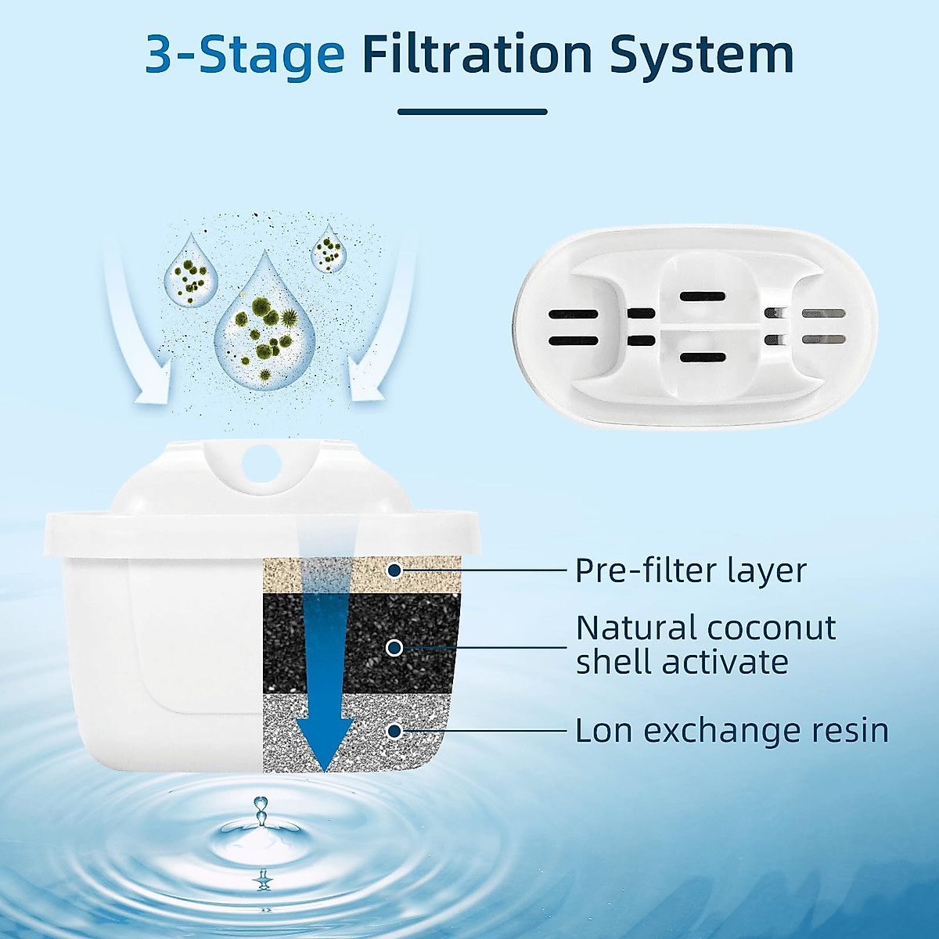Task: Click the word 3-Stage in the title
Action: [x=245, y=55]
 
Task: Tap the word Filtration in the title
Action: [x=477, y=55]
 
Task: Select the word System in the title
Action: [x=702, y=55]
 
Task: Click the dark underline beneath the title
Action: [x=472, y=112]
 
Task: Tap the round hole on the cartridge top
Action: [x=261, y=463]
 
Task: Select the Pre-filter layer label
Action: [x=690, y=570]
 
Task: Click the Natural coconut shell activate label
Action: [x=704, y=645]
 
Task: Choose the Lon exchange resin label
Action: [x=732, y=731]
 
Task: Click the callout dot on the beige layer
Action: [x=394, y=570]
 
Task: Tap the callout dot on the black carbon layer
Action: [x=394, y=648]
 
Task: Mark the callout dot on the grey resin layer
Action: [x=394, y=731]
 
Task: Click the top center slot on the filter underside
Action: [x=702, y=297]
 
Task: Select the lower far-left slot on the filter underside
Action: [x=573, y=341]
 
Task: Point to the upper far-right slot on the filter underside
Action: [x=824, y=314]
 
